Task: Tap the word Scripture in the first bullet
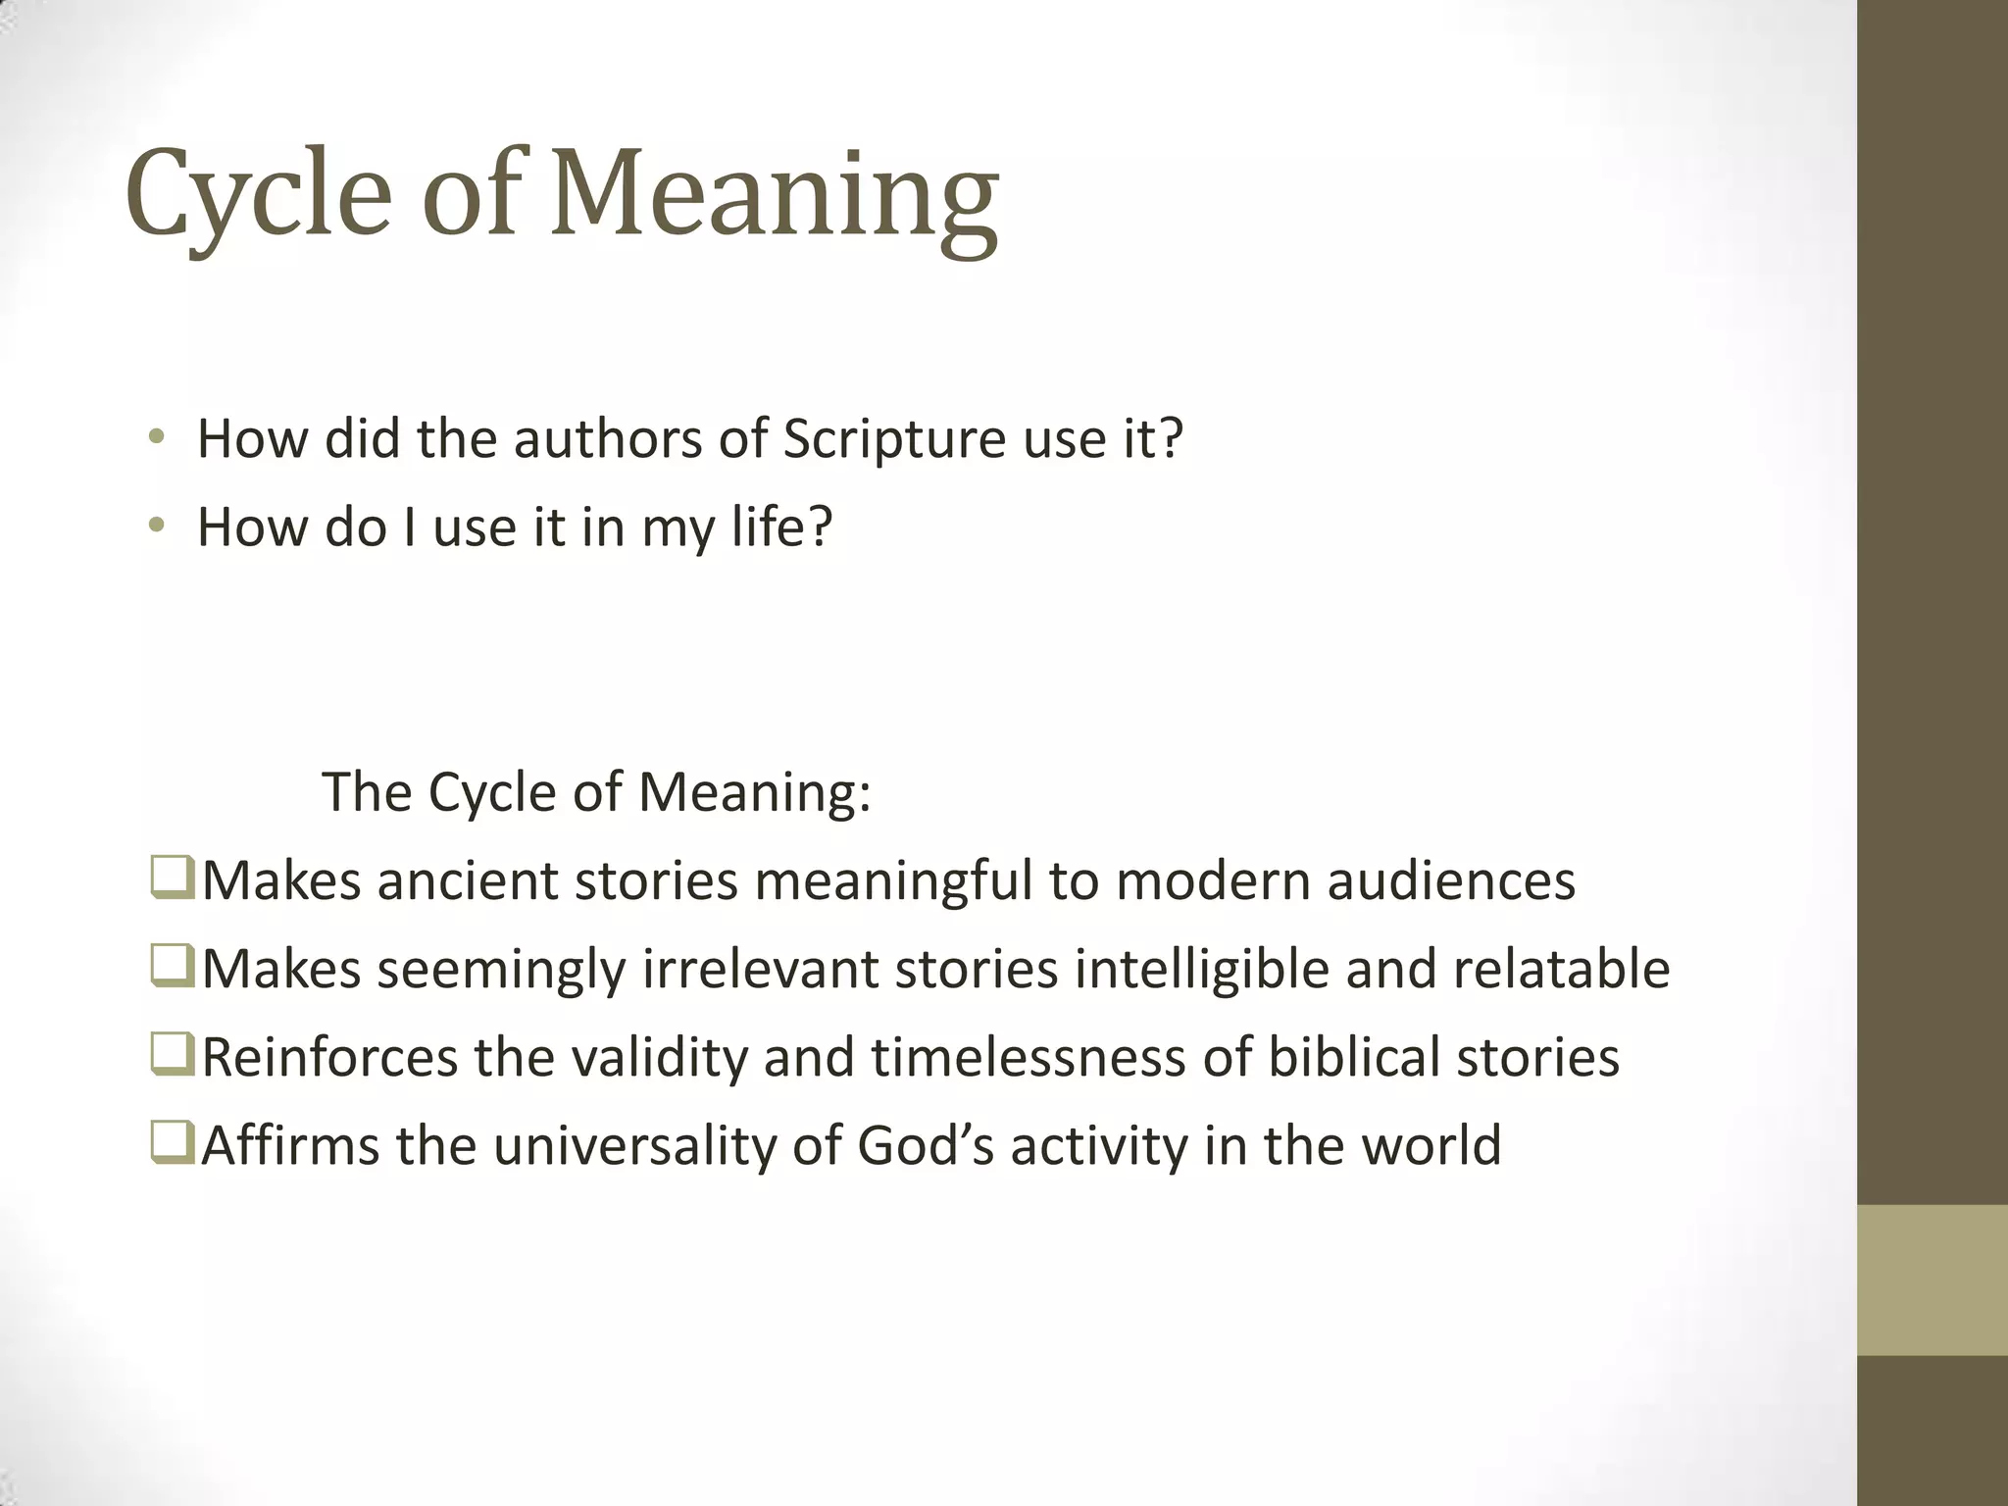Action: [x=894, y=439]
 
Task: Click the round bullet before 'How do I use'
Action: [x=156, y=527]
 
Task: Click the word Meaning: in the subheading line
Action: [x=754, y=792]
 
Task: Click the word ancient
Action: [x=467, y=880]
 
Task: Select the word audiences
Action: [x=1451, y=880]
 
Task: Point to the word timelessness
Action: [x=1029, y=1058]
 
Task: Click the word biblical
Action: [x=1353, y=1058]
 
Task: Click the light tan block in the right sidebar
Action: [x=1933, y=1280]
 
